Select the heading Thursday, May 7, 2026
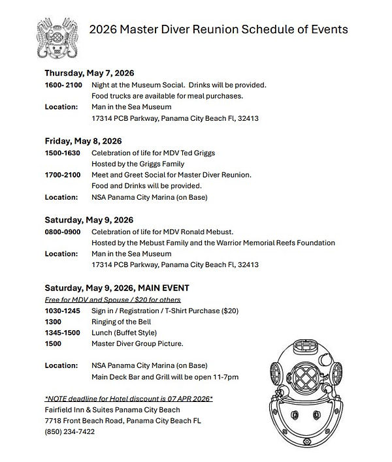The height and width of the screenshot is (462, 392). coord(90,73)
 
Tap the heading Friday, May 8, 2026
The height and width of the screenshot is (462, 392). coord(83,141)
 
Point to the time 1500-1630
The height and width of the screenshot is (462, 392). coord(62,153)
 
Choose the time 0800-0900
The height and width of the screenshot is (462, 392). coord(62,232)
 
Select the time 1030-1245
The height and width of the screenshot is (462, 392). coord(62,311)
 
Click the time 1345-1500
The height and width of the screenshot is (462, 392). coord(62,333)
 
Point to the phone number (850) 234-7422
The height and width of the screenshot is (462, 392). coord(70,432)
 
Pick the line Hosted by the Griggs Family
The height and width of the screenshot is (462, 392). coord(138,164)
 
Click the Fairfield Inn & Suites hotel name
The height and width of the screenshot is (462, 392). coord(112,410)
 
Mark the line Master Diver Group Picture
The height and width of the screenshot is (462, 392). coord(137,344)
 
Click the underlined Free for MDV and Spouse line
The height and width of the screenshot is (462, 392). coord(112,300)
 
